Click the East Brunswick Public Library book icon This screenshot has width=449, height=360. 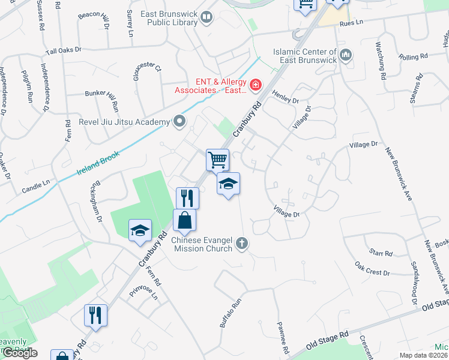207,17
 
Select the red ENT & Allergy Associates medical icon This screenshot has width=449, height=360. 256,86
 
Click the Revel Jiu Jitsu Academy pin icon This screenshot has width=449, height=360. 179,122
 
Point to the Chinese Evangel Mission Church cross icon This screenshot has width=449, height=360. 242,244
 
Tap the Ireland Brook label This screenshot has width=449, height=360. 98,163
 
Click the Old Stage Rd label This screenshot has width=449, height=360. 327,340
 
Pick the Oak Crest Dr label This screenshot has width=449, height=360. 372,268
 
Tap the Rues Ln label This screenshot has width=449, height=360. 352,23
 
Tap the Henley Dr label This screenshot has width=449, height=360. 285,97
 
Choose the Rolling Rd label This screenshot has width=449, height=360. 412,56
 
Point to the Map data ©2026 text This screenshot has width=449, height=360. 423,355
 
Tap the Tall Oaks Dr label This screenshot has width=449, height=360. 62,50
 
